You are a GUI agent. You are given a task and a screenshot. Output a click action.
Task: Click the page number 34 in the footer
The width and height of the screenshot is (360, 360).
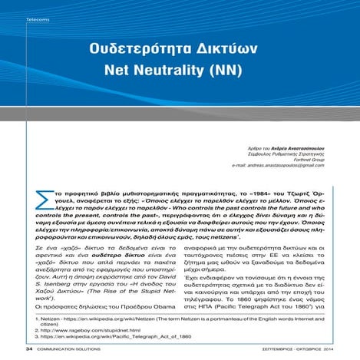tap(29, 348)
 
